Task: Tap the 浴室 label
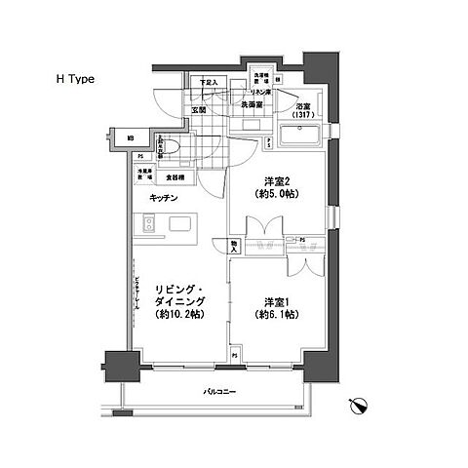click(x=301, y=107)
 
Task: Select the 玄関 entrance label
click(x=200, y=109)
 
